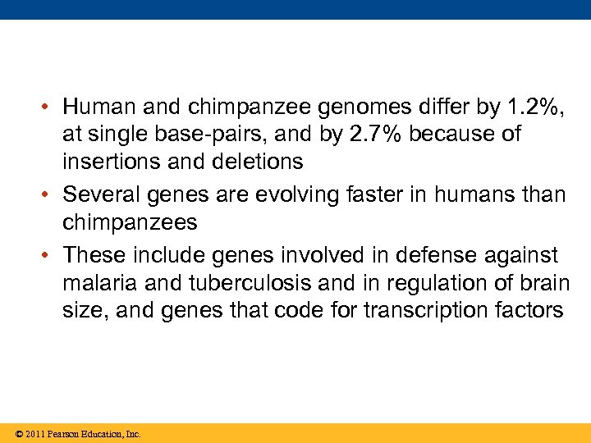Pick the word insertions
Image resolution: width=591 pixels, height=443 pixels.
pos(109,162)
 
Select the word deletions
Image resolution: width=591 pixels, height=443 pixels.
pos(258,162)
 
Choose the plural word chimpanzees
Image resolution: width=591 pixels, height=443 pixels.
pos(130,222)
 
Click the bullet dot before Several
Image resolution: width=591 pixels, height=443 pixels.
pos(51,195)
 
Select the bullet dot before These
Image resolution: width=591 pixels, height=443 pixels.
pos(51,256)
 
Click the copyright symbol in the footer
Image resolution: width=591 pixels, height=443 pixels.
pos(18,433)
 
